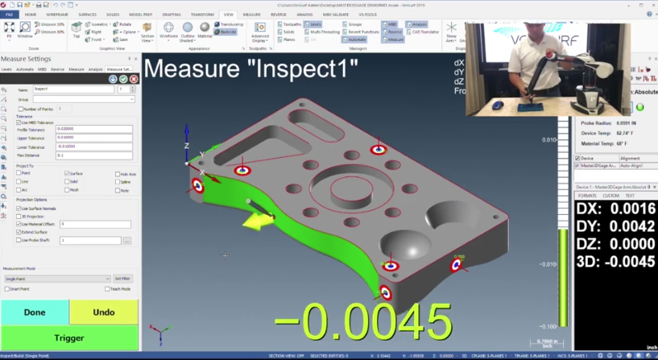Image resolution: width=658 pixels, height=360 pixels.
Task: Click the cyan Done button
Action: (35, 312)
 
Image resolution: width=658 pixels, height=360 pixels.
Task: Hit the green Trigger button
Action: (69, 338)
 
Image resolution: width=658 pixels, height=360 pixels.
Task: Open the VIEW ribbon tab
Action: (228, 14)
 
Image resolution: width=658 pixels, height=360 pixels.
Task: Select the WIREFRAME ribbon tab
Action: (56, 14)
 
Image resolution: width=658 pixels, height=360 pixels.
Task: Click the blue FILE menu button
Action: (10, 14)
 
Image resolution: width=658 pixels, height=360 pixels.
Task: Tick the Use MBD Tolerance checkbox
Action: (19, 122)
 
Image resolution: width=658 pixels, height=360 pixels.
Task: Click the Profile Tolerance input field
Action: (93, 130)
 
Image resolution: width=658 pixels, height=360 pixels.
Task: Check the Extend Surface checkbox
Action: (19, 232)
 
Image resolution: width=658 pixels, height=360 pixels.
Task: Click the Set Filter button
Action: (122, 279)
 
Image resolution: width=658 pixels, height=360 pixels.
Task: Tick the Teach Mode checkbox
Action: (106, 288)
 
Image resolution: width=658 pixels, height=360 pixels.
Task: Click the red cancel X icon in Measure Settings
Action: (134, 79)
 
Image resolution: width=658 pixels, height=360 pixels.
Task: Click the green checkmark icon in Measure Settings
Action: (123, 79)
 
